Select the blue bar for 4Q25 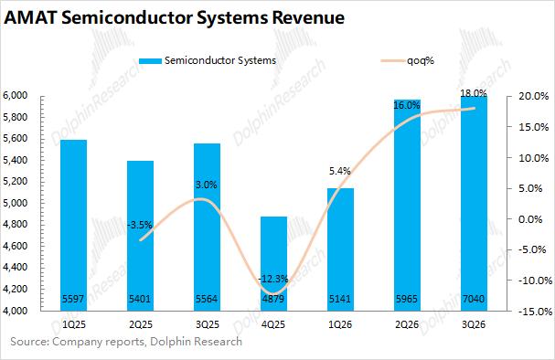pos(273,263)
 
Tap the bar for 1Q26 pos(340,249)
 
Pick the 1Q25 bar pos(74,226)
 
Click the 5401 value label pos(140,299)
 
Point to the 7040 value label pos(474,299)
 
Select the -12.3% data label pos(272,279)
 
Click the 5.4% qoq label pos(340,171)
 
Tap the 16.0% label pos(407,105)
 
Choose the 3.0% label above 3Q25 pos(207,185)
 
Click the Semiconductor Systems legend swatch pos(150,61)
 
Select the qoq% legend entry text pos(421,60)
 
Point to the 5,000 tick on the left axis pos(15,203)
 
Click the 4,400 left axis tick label pos(15,268)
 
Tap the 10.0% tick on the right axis pos(533,158)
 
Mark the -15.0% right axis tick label pos(535,312)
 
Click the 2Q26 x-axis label pos(407,324)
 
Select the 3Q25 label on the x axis pos(207,324)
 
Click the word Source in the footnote pos(30,342)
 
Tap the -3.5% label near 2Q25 pos(140,225)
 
